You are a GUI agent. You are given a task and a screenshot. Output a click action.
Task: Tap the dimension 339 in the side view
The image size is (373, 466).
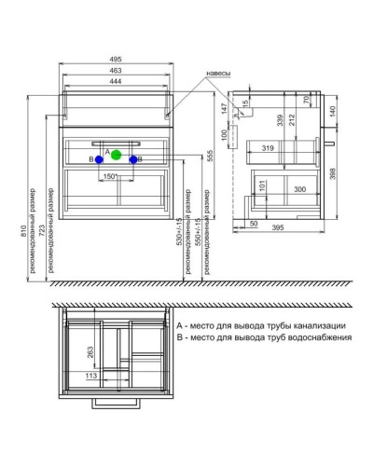(x=281, y=118)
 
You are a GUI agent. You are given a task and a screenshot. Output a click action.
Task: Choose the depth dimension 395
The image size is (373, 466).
(x=278, y=227)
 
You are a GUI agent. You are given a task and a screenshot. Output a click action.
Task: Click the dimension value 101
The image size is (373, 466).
(x=262, y=185)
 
